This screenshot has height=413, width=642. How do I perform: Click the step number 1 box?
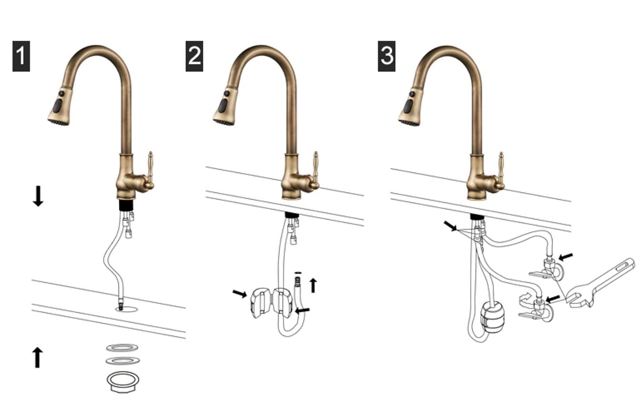coord(21,56)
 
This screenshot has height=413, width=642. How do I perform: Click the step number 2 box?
coord(195,56)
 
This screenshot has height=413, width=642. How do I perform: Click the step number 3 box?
coord(387,56)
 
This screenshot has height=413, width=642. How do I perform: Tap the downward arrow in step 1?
coord(38,196)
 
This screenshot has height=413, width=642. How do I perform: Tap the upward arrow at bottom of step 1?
coord(37,357)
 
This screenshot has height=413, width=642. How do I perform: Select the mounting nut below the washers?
coord(123,382)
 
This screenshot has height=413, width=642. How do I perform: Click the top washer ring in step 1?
coord(122,348)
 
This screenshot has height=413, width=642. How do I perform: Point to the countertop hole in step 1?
coord(126,309)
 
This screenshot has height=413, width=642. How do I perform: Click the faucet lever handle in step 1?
coord(150,170)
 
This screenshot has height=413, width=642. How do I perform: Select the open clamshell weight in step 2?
coord(271,302)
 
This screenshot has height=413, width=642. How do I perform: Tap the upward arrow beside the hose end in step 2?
coord(313,285)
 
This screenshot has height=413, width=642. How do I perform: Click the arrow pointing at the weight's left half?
coord(240,294)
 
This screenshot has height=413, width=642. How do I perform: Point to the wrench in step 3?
coord(602,283)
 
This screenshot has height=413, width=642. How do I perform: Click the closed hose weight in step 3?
coord(492,317)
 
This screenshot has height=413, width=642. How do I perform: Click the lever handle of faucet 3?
coord(501,170)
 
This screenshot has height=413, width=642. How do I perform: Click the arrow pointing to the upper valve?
coord(566,257)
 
